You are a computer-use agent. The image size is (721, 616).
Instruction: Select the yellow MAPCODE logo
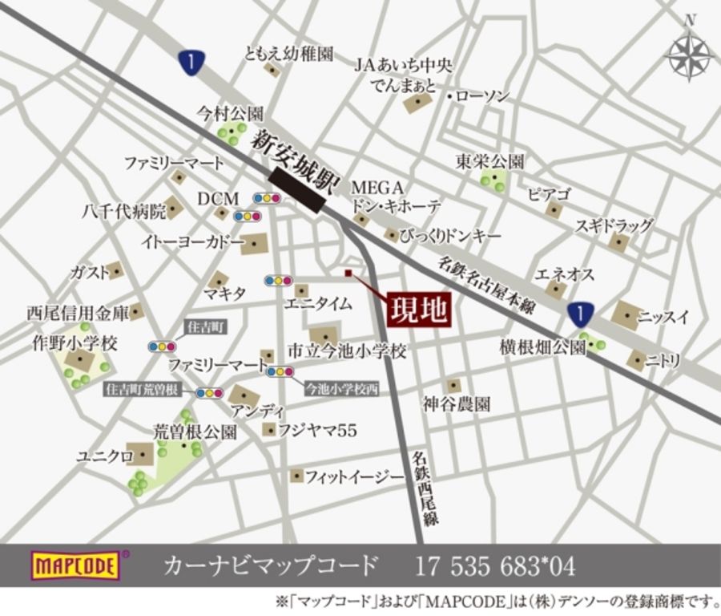[x=76, y=565]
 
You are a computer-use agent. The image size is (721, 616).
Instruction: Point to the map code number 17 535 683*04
[x=494, y=566]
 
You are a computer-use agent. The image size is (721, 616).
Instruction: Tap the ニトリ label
[x=664, y=362]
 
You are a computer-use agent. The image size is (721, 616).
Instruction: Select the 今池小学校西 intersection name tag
[x=342, y=389]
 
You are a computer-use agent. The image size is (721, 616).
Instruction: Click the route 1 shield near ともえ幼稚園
[x=190, y=62]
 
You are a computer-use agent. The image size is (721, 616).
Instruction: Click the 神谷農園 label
[x=457, y=405]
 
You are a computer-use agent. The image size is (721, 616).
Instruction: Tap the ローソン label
[x=483, y=96]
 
